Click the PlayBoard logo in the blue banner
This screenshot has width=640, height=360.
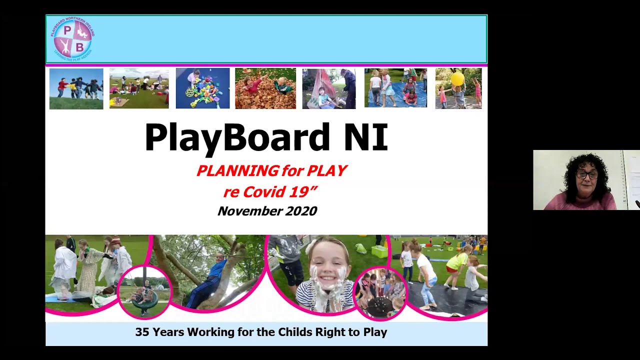pos(72,38)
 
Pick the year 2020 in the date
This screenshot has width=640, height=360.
pos(300,211)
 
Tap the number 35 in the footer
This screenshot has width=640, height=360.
pos(142,332)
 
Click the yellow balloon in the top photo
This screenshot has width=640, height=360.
pos(457,79)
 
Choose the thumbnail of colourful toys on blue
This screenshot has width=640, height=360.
pos(202,88)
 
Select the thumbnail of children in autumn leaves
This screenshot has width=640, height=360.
pos(265,88)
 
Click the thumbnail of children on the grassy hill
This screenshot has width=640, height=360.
pos(76,88)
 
